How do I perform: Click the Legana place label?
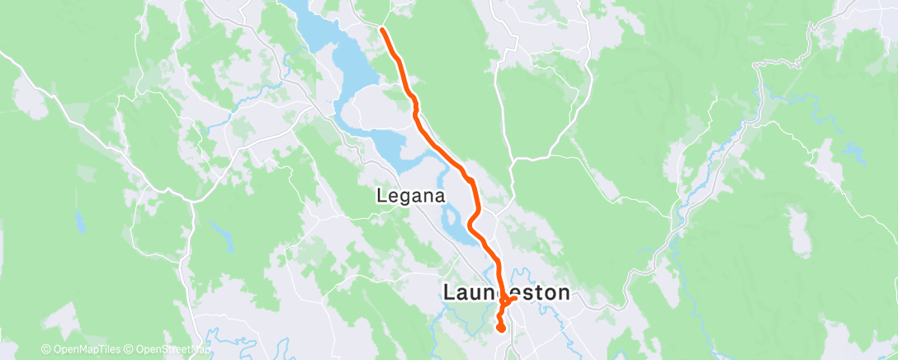click(410, 197)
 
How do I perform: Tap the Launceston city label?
click(506, 292)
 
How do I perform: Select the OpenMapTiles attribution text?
click(83, 348)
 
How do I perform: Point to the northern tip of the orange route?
click(383, 31)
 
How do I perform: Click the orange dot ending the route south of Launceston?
click(501, 328)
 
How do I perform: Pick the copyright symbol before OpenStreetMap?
click(130, 348)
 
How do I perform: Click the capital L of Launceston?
click(451, 292)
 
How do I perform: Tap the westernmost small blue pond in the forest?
click(79, 222)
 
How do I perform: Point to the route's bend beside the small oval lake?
click(471, 224)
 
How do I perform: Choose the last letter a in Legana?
click(440, 197)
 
